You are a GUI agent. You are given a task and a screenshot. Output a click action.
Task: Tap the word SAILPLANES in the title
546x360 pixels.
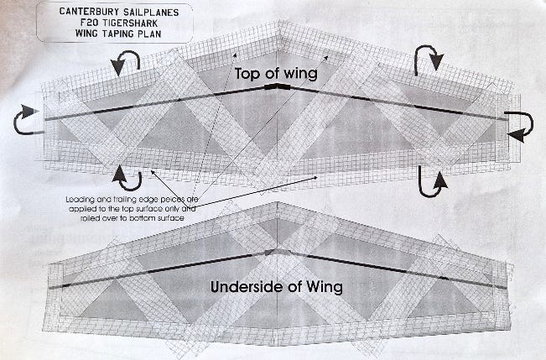tap(153, 13)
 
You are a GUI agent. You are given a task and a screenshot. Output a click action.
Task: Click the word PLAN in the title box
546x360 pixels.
tap(150, 34)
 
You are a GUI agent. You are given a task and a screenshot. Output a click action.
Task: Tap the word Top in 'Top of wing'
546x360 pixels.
tap(248, 74)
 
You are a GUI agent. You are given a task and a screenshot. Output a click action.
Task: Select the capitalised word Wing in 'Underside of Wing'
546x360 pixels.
tap(325, 288)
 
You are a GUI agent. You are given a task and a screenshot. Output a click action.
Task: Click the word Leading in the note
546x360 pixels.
tap(80, 200)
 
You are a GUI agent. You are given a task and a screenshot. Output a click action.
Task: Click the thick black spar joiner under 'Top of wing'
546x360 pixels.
tap(277, 86)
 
